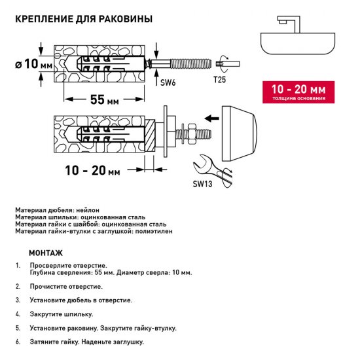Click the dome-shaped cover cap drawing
(x=243, y=134)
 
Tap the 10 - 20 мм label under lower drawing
(x=94, y=171)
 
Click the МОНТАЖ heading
(x=46, y=253)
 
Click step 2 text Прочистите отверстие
(x=65, y=287)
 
